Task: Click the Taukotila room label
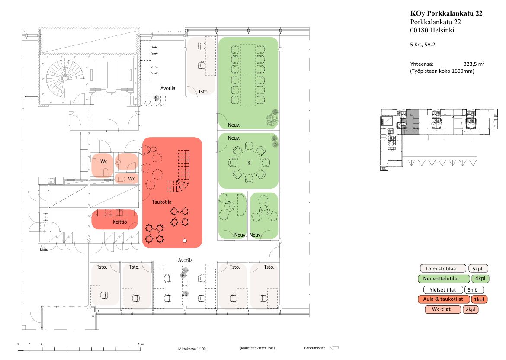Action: (x=161, y=202)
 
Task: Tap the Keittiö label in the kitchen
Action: (x=120, y=222)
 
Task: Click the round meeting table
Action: (x=249, y=162)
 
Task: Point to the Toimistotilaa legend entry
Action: (x=443, y=269)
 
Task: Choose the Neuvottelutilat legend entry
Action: (x=444, y=279)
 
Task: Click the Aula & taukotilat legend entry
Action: (x=444, y=299)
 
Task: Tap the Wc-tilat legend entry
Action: (x=443, y=309)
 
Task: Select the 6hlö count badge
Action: (x=474, y=290)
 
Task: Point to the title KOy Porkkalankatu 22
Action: (x=446, y=13)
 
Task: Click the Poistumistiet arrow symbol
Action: (x=335, y=348)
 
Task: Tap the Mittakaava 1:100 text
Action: (x=192, y=349)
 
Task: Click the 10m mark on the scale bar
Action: (x=141, y=344)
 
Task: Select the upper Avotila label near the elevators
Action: (x=168, y=88)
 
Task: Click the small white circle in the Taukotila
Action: (x=185, y=241)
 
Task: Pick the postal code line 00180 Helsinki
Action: (x=432, y=30)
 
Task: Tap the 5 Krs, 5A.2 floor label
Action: (x=423, y=45)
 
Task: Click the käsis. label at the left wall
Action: (x=44, y=249)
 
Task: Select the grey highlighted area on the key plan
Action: (x=413, y=122)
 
